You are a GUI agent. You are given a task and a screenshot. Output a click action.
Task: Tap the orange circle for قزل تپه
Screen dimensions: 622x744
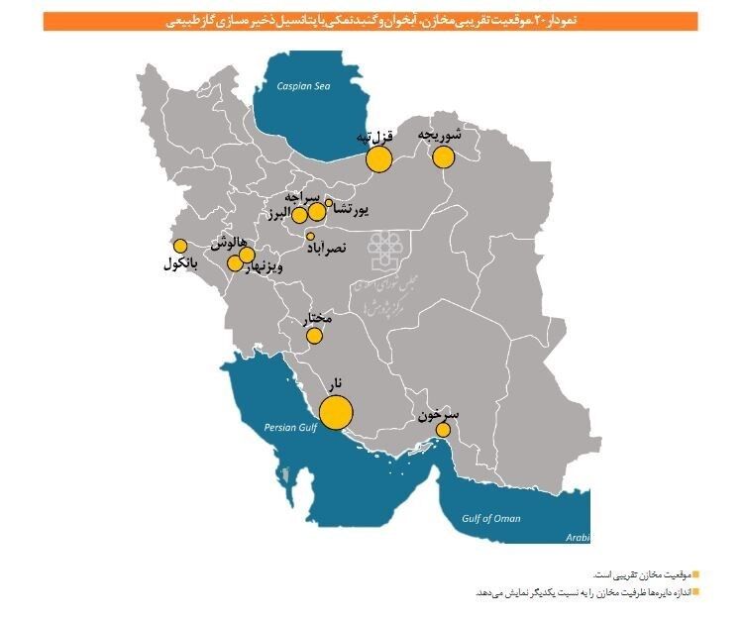point(377,158)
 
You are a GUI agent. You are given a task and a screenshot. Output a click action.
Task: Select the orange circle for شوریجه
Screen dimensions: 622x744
point(443,156)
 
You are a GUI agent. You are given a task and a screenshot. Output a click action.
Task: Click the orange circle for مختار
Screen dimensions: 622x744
point(314,336)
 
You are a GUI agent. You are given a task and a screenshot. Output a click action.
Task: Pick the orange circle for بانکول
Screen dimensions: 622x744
point(180,246)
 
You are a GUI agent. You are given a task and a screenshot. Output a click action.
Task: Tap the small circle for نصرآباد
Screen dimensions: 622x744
point(310,236)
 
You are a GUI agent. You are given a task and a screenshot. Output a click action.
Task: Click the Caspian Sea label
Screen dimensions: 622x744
point(303,86)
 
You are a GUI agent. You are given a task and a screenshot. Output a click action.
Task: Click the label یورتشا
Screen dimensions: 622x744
point(352,209)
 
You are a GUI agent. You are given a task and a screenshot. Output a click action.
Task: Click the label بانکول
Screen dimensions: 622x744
point(180,264)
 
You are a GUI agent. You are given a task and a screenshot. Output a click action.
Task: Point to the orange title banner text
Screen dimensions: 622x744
point(371,21)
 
